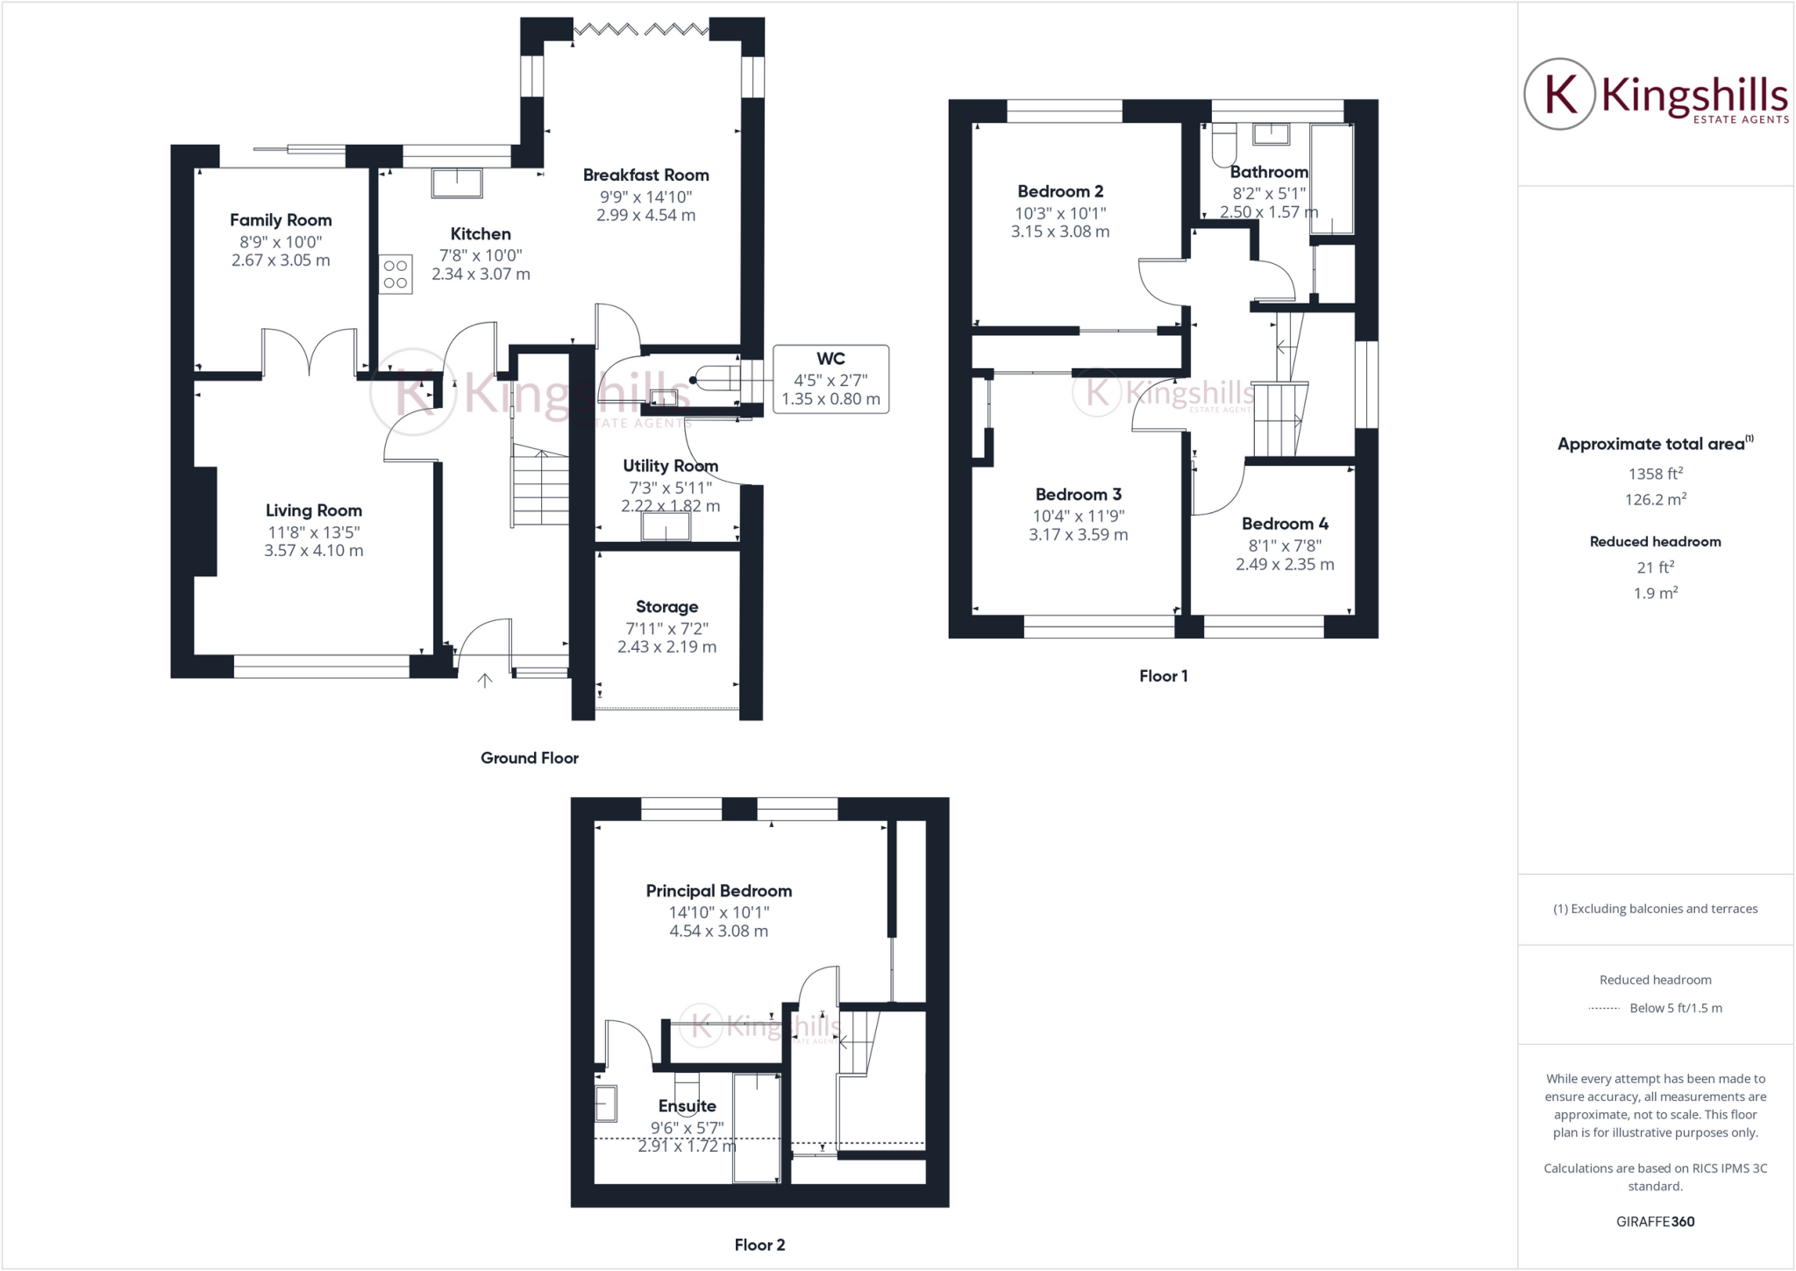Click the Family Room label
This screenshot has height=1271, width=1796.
(x=281, y=220)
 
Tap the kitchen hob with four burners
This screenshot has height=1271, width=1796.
(x=396, y=274)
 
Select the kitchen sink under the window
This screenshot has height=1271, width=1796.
(x=457, y=183)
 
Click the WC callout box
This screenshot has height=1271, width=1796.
(x=830, y=379)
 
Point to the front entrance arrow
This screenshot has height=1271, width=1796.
(x=484, y=680)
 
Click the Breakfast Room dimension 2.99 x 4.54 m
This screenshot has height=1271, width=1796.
(x=645, y=216)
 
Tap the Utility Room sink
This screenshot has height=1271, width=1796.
(x=666, y=527)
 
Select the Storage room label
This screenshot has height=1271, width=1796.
(x=666, y=607)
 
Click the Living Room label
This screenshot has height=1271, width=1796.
(x=313, y=511)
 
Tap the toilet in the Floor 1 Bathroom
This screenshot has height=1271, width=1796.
(x=1223, y=146)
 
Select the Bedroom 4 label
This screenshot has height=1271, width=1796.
(x=1285, y=524)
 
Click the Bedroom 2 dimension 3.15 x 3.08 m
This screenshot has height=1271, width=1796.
(x=1059, y=232)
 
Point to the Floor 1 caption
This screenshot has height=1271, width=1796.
(x=1163, y=675)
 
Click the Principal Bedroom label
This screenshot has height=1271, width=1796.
(x=718, y=891)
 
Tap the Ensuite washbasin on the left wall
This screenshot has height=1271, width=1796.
(x=605, y=1103)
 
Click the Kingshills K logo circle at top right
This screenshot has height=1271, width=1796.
(x=1558, y=94)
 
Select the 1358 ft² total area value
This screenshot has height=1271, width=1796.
(x=1655, y=474)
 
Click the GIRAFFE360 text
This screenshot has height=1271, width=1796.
(x=1655, y=1221)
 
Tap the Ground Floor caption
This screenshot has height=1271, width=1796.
(x=529, y=758)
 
